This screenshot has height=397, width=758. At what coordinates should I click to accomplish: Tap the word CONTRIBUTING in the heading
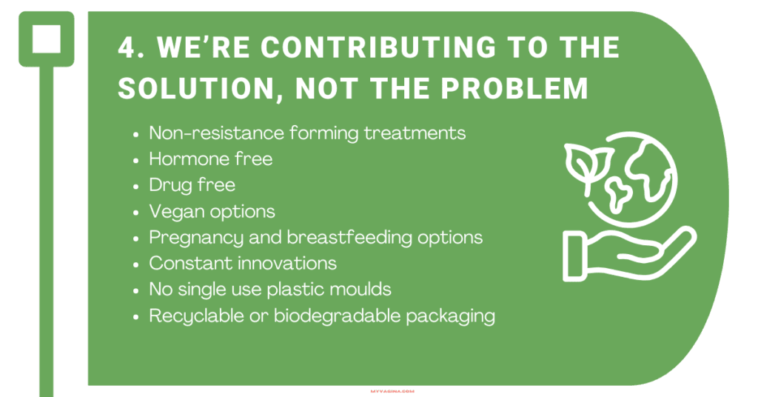point(378,48)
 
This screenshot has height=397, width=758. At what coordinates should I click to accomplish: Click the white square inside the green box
point(47,39)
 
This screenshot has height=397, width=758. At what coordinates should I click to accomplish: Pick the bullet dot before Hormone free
point(136,160)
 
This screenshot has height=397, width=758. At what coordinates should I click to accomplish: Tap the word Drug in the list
point(170,185)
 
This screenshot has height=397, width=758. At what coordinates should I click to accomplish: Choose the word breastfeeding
point(349,238)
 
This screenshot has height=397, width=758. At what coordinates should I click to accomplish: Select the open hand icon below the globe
point(629,253)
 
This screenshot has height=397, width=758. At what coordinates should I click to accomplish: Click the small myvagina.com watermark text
point(392,391)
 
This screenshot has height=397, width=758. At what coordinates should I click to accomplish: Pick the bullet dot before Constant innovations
point(136,264)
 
